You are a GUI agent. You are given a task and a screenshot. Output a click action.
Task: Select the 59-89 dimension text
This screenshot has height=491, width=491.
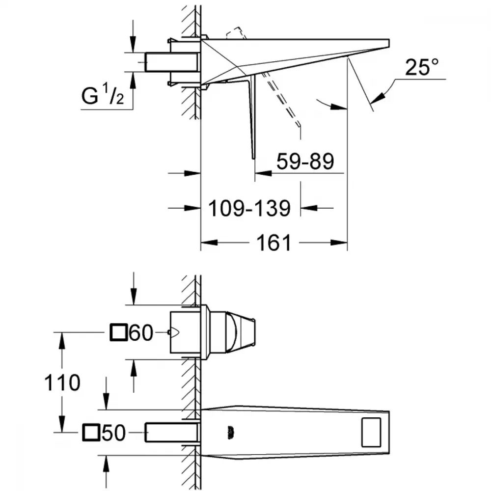(x=305, y=162)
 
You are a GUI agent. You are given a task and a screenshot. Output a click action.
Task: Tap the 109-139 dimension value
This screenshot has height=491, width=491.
(x=249, y=208)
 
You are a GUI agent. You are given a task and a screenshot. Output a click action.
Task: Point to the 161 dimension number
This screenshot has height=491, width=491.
(x=274, y=243)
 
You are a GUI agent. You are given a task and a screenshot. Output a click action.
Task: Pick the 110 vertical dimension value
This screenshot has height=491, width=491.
(x=62, y=382)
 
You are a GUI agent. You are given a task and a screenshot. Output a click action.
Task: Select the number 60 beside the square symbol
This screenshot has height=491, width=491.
(x=141, y=332)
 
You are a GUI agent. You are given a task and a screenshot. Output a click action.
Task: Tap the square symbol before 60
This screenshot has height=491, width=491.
(x=118, y=332)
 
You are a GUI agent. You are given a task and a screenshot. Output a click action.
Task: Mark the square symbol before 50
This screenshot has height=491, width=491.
(x=91, y=433)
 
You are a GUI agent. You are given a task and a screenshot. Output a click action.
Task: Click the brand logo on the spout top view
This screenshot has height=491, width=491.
(x=231, y=433)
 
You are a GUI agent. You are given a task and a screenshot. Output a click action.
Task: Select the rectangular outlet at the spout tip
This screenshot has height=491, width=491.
(x=371, y=432)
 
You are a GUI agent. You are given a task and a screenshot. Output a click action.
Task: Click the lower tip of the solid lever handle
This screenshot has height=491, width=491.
(x=254, y=158)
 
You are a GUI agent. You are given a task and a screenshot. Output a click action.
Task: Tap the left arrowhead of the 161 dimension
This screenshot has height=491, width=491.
(x=209, y=243)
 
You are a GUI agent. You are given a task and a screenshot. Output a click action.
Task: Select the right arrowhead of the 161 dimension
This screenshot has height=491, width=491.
(x=339, y=243)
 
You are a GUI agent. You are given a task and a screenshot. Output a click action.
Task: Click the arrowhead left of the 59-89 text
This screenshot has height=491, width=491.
(x=263, y=172)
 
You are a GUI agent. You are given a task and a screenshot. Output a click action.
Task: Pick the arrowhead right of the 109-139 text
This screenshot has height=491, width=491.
(x=309, y=208)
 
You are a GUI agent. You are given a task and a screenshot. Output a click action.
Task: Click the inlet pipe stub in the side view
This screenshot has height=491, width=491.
(x=171, y=62)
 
